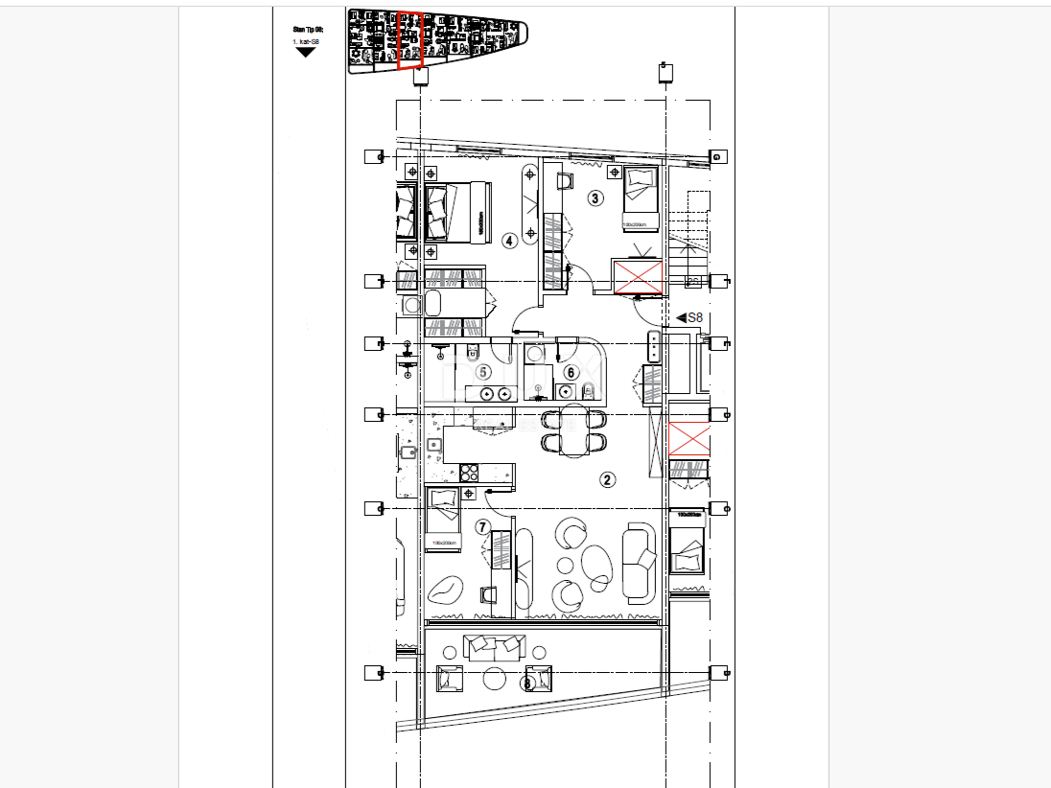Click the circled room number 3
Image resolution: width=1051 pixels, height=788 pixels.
[596, 198]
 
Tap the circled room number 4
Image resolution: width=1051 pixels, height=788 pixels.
[508, 240]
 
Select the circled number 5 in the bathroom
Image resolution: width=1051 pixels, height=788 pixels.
[483, 372]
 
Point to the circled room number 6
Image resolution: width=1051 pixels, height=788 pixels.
[571, 372]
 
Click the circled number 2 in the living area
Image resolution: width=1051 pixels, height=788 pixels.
[607, 479]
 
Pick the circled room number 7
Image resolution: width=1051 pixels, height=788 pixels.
[483, 526]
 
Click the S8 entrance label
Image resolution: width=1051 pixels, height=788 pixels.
[690, 317]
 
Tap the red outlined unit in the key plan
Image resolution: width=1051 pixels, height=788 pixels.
[409, 40]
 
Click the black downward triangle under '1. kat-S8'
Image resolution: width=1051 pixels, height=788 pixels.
[305, 52]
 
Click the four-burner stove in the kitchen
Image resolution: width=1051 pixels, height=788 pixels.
[470, 472]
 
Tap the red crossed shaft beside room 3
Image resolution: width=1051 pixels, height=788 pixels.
[639, 277]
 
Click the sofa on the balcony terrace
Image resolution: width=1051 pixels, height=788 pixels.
[493, 647]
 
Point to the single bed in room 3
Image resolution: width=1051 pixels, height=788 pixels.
[640, 197]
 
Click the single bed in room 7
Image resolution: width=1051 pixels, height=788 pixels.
[443, 519]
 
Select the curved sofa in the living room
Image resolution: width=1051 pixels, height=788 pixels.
[640, 561]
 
